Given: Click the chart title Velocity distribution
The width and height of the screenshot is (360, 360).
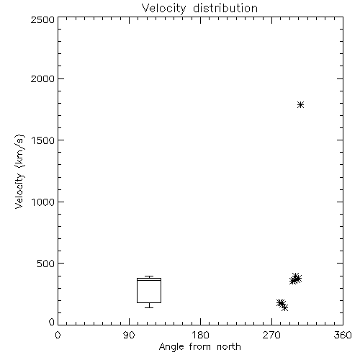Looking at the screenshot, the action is (199, 9).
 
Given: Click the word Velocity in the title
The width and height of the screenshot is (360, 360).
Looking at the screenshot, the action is (163, 9).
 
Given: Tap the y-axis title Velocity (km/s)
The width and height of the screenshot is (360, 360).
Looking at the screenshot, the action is (19, 171).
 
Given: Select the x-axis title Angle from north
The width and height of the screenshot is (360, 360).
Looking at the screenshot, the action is (200, 347).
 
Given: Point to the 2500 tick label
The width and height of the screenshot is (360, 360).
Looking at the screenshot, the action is (42, 19).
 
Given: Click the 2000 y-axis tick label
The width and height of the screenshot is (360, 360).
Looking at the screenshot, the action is (42, 78).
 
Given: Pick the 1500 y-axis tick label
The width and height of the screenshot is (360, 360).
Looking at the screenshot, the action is (43, 140).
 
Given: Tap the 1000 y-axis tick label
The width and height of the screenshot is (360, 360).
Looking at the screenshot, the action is (43, 202).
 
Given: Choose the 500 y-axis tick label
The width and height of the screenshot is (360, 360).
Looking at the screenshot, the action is (46, 264).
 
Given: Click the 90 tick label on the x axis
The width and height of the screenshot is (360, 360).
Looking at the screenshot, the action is (129, 335).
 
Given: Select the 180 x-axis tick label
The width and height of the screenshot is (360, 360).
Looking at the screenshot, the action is (200, 335).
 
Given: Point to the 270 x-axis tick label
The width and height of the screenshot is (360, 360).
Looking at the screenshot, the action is (271, 335).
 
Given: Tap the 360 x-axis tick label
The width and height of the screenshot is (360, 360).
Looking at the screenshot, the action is (343, 335).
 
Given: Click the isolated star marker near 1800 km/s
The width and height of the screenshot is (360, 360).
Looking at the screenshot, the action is (300, 105).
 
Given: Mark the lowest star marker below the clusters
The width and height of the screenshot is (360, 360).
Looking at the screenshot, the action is (284, 307).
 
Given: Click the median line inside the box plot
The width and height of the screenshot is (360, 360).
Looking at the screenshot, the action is (149, 280).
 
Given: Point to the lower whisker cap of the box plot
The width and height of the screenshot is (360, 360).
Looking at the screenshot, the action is (149, 307).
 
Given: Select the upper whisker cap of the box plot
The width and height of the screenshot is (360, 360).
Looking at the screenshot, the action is (149, 276).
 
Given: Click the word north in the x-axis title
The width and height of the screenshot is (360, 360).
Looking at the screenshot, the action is (229, 347).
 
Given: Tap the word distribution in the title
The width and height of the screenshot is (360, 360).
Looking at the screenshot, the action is (225, 9).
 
